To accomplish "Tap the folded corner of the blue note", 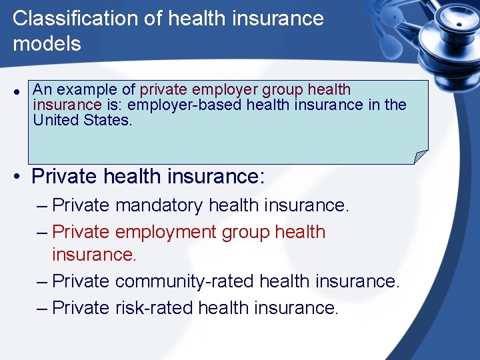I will pos(420,157).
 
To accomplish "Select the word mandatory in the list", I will pos(159,205).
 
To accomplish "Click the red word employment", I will pos(166,232).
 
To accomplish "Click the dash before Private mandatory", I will pos(42,205).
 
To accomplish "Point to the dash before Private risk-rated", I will pos(42,307).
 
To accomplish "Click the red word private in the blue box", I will pos(164,89).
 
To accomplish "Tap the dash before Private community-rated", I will pos(42,281).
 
